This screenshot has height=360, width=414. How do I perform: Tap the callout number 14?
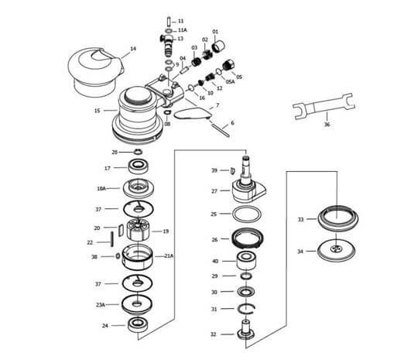tap(133, 49)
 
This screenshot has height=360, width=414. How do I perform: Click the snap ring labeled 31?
tap(246, 308)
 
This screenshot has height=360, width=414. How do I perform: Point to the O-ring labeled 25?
tap(247, 214)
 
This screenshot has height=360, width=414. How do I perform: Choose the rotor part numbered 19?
tap(139, 230)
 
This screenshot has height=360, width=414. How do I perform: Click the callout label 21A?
tap(169, 256)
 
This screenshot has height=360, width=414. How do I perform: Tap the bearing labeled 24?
tap(137, 325)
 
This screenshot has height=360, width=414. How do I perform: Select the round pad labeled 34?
tap(336, 250)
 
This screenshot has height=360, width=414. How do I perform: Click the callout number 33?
tap(301, 219)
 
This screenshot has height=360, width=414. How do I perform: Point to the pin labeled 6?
tap(221, 129)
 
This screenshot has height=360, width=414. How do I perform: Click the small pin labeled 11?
tap(169, 21)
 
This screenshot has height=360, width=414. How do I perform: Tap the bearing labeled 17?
tap(139, 166)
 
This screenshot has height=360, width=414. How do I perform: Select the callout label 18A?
tap(101, 189)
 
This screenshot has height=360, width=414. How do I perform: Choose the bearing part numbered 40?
tap(246, 260)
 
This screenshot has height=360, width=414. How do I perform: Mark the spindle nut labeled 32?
tap(246, 330)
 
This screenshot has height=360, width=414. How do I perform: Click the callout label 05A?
tap(230, 81)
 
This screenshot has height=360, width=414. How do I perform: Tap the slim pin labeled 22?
tap(112, 239)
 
